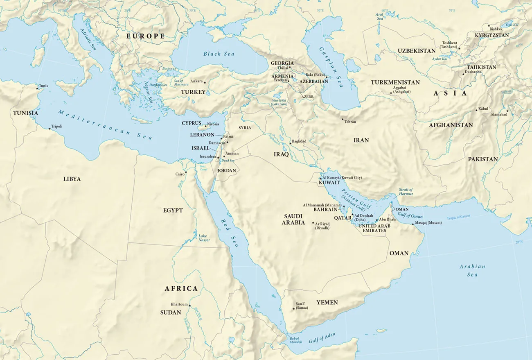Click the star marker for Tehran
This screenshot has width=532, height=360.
[343, 119]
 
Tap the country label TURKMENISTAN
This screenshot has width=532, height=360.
[395, 82]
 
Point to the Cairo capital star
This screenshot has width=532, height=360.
[185, 172]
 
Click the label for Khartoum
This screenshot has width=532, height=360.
[179, 304]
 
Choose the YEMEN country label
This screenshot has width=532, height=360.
[327, 302]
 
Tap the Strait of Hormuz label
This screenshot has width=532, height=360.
[406, 192]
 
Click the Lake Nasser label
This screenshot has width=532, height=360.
[204, 238]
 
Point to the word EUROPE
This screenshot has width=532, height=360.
[145, 36]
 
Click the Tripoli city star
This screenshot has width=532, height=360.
[50, 129]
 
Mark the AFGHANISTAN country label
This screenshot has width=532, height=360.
[451, 125]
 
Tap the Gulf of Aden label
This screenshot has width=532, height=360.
[322, 337]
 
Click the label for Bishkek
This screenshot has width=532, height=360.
[496, 29]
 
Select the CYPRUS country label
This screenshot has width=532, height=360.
[192, 123]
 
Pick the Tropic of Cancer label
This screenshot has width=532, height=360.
[458, 217]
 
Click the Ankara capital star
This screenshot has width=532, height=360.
[205, 82]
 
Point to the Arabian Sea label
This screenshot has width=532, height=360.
[472, 270]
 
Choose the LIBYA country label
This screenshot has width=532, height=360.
[72, 179]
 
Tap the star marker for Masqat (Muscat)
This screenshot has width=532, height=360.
[413, 224]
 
